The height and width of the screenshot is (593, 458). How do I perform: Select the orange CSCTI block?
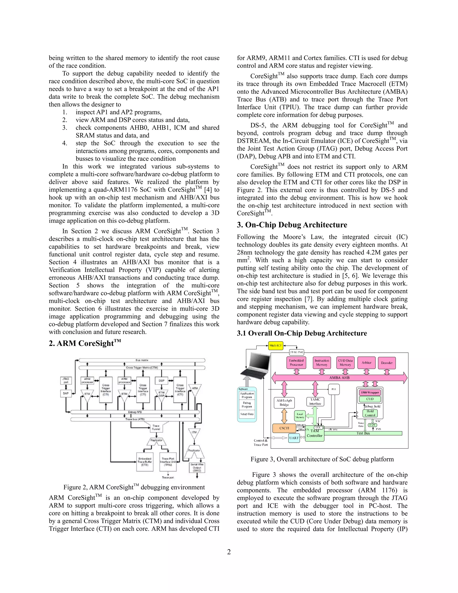click(x=284, y=428)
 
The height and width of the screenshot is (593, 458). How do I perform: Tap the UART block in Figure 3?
click(x=294, y=438)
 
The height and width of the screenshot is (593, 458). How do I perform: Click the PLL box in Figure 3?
click(x=334, y=389)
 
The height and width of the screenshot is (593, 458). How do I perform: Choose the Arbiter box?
click(x=367, y=363)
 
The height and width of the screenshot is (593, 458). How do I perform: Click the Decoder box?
click(x=387, y=363)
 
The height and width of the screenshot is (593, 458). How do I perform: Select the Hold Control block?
click(x=370, y=413)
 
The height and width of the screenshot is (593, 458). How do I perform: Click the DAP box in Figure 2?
click(x=66, y=393)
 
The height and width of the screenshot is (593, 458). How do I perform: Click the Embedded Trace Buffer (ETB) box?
click(x=145, y=462)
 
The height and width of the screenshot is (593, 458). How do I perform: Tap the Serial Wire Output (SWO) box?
click(x=197, y=467)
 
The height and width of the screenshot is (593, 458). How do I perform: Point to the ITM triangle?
click(x=194, y=433)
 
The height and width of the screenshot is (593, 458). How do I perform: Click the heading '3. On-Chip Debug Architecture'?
click(x=292, y=225)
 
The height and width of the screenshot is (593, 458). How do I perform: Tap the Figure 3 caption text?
click(x=322, y=459)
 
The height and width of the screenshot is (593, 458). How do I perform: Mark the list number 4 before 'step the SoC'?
click(x=65, y=143)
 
